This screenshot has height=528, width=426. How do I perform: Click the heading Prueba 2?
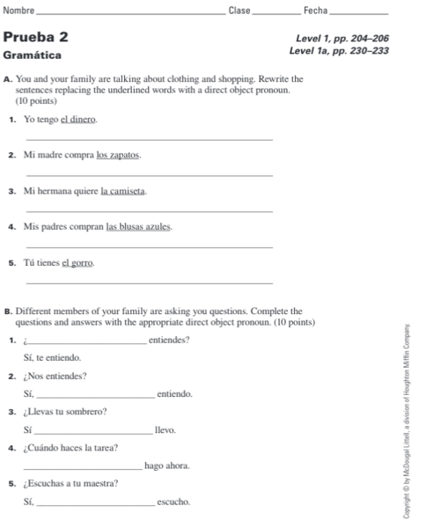pyautogui.click(x=36, y=37)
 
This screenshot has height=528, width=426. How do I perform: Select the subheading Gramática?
pyautogui.click(x=33, y=55)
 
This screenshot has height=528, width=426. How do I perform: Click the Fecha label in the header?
pyautogui.click(x=314, y=10)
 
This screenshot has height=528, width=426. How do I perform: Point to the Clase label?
pyautogui.click(x=239, y=10)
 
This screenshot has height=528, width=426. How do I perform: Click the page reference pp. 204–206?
pyautogui.click(x=360, y=38)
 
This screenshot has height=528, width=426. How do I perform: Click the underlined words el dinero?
pyautogui.click(x=77, y=120)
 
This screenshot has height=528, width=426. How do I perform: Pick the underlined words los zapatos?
pyautogui.click(x=118, y=155)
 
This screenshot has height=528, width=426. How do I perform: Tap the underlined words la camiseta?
pyautogui.click(x=123, y=191)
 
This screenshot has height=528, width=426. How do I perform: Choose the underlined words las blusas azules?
pyautogui.click(x=138, y=226)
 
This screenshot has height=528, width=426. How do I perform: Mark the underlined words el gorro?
pyautogui.click(x=77, y=262)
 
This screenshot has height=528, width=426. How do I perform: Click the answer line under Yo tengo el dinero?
pyautogui.click(x=150, y=140)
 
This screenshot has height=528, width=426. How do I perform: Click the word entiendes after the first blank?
pyautogui.click(x=169, y=340)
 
